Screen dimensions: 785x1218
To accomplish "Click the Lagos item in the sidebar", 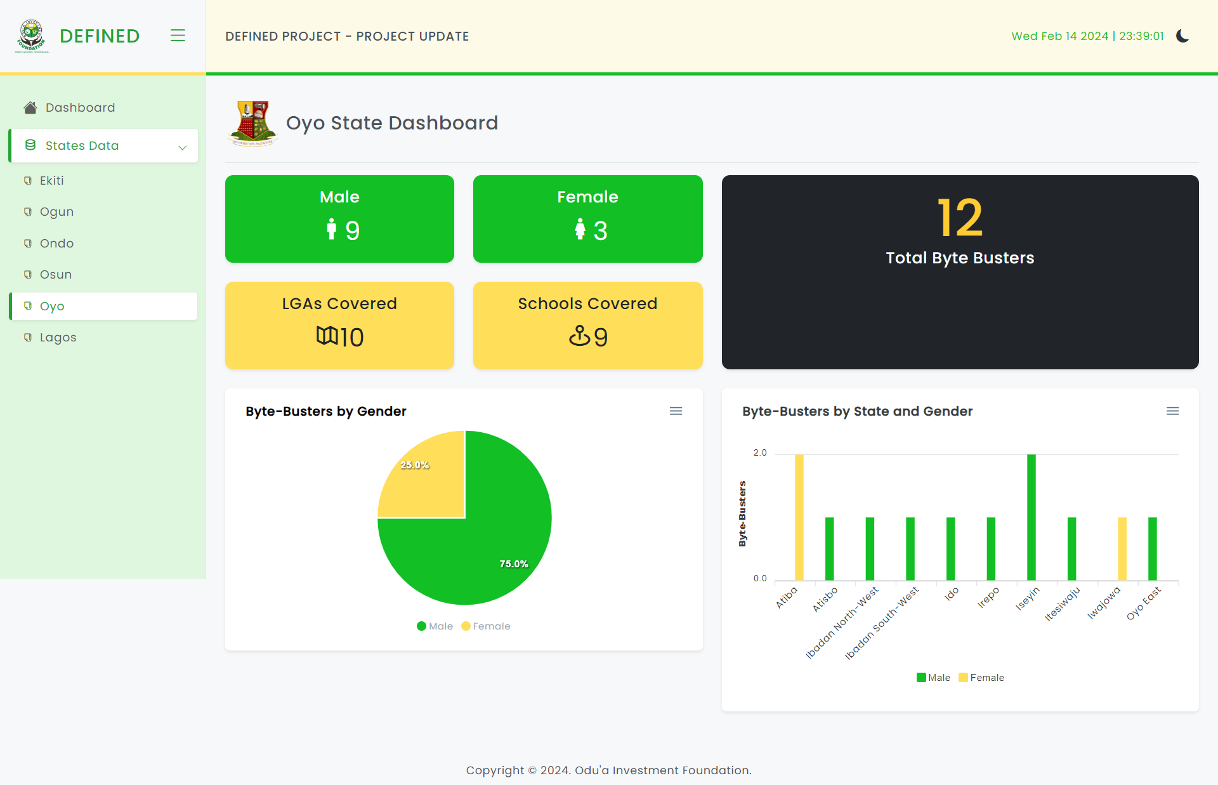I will click(x=58, y=338).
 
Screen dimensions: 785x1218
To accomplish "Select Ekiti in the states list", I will click(x=51, y=181).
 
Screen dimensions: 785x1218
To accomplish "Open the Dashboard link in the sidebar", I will click(x=80, y=108).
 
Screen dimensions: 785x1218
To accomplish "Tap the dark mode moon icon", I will click(x=1182, y=36).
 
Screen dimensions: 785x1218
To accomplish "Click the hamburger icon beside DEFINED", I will click(x=178, y=36).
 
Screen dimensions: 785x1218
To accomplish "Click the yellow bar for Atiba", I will click(x=799, y=517).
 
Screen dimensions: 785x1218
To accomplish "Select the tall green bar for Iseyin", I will click(x=1031, y=517).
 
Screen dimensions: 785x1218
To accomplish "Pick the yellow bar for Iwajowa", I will click(x=1122, y=548).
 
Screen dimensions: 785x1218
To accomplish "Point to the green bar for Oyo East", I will click(x=1152, y=548).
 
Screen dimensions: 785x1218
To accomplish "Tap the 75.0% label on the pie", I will click(x=513, y=564).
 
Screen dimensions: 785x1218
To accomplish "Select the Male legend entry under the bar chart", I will click(x=933, y=678).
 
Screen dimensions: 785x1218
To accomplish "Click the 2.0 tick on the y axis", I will click(x=759, y=453).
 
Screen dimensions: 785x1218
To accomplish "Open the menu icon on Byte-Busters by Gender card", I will click(x=676, y=411).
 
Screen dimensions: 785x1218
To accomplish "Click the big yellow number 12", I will click(x=959, y=218).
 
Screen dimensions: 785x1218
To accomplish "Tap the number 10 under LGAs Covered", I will click(x=351, y=338).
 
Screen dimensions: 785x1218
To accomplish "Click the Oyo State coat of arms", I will click(x=252, y=123).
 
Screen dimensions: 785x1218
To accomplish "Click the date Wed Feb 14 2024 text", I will click(x=1059, y=36).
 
